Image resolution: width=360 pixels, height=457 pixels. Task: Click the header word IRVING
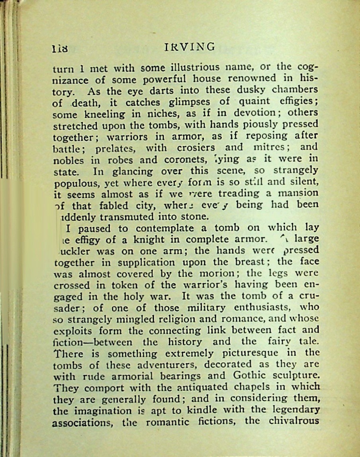[189, 47]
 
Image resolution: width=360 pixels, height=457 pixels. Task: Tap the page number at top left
[60, 49]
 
